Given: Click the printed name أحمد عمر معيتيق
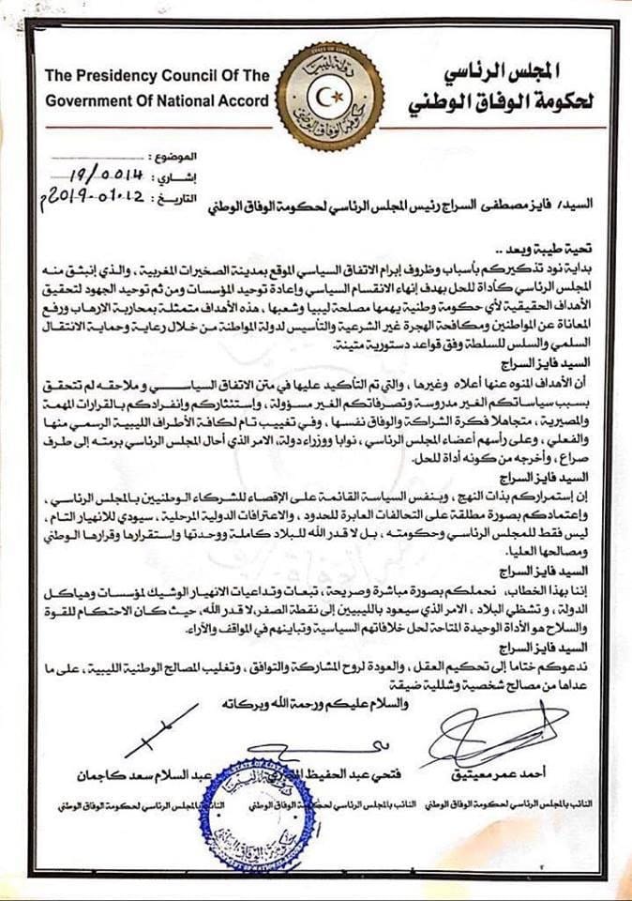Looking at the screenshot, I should (512, 773).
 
